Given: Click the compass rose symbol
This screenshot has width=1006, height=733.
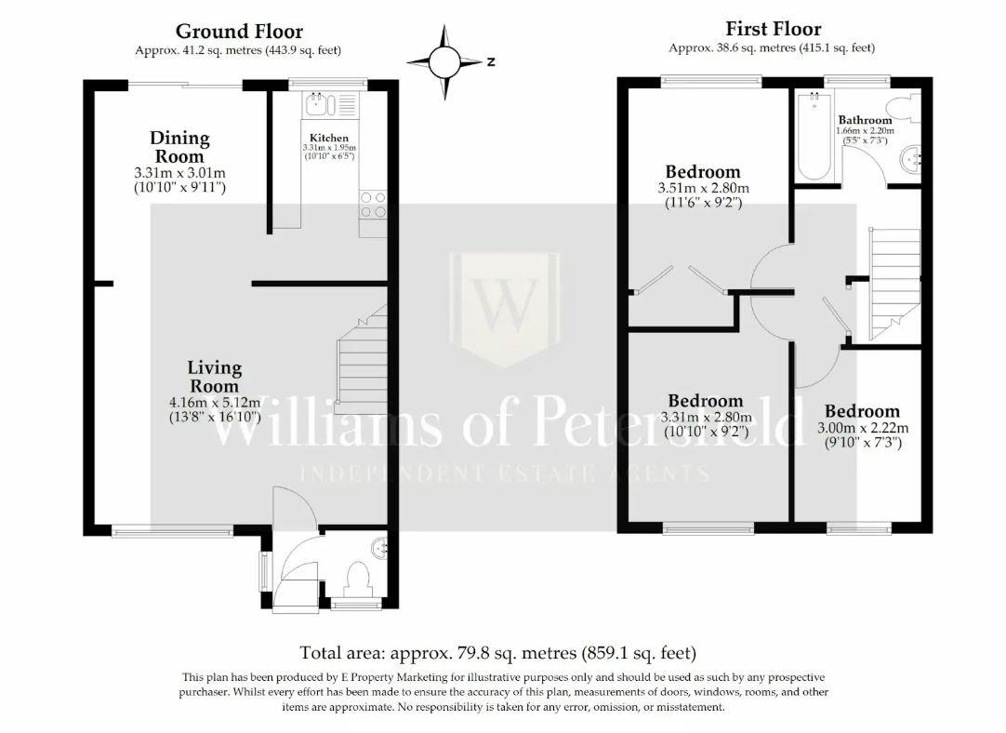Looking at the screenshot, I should tap(444, 62).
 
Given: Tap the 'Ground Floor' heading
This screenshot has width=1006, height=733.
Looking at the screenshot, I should tap(239, 33).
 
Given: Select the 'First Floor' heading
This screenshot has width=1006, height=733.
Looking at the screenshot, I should tap(773, 29).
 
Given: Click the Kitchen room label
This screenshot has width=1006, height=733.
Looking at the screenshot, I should tap(329, 138).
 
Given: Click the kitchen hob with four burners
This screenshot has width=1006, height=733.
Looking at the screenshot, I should tap(373, 205).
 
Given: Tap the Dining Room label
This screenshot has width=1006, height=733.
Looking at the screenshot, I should tap(179, 147).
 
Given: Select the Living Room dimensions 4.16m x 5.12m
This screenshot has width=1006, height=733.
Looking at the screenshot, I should tap(215, 403).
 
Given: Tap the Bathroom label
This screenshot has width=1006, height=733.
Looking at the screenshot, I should tap(865, 120).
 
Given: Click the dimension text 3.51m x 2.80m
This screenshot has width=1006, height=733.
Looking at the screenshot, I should tap(703, 188).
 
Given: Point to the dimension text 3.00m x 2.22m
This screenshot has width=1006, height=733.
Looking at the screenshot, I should tap(862, 428).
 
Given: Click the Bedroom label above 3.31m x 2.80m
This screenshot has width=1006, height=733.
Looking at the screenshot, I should tap(705, 402).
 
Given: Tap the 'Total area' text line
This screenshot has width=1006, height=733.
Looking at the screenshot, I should tap(497, 653).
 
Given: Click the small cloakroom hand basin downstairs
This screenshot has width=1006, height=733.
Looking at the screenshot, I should tap(379, 548).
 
